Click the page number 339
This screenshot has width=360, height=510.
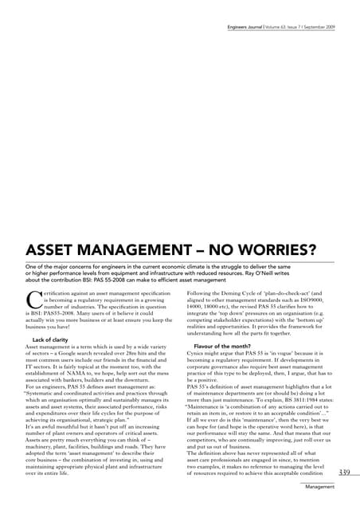(344, 473)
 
